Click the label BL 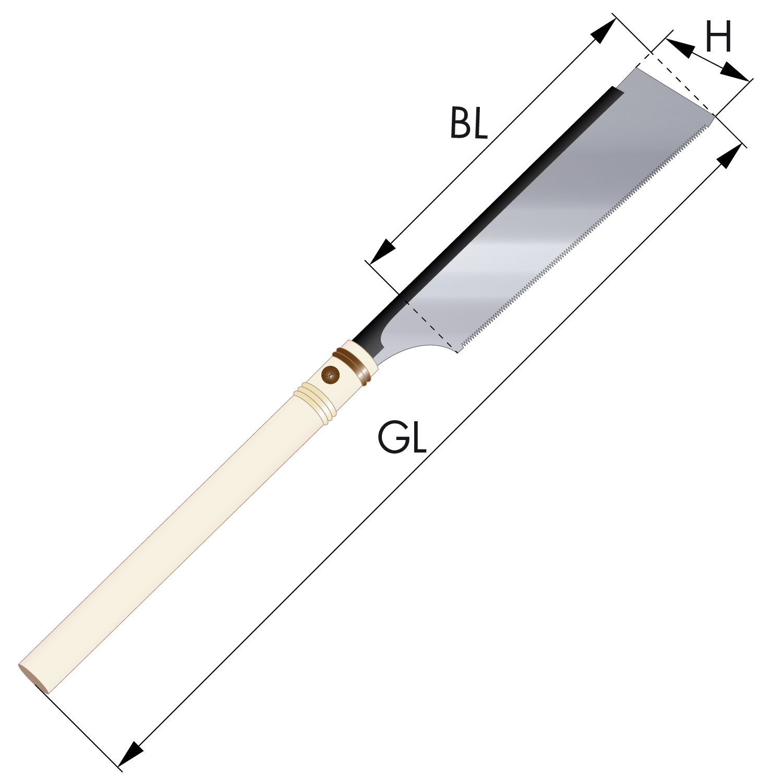click(468, 123)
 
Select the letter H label click(718, 36)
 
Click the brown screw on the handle click(330, 374)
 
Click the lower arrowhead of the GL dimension click(131, 754)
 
